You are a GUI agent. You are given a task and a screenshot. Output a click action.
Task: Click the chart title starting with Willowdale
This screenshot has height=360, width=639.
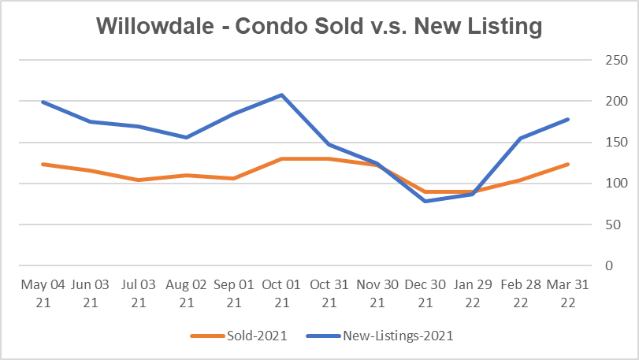click(319, 27)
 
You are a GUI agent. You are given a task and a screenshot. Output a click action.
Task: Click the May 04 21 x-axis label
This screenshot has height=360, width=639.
click(41, 291)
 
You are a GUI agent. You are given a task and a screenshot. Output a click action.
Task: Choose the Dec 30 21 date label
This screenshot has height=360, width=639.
click(425, 291)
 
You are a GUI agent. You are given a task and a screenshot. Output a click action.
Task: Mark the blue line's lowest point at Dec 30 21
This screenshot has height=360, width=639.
click(425, 201)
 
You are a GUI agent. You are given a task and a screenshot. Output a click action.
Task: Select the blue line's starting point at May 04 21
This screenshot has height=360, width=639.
click(41, 102)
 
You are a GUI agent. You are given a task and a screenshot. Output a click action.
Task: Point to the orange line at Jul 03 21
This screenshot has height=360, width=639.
click(139, 180)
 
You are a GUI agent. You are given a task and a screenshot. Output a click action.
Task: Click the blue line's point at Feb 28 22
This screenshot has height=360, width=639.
click(521, 138)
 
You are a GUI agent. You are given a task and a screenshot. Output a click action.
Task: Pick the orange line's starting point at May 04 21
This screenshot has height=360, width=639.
click(41, 164)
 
